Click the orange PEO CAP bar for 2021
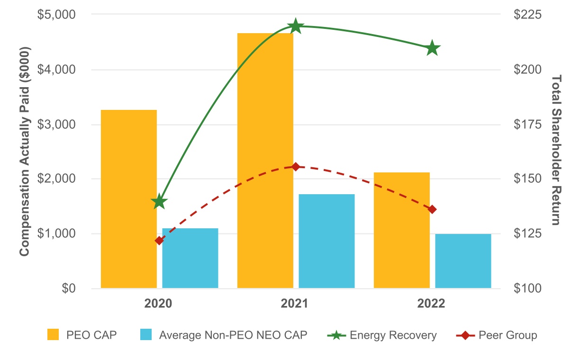click(265, 161)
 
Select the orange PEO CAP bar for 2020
click(128, 199)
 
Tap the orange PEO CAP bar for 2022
click(401, 230)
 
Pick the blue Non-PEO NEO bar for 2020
click(190, 258)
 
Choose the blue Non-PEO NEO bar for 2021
click(327, 241)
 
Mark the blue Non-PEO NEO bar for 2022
click(463, 261)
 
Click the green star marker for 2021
click(296, 26)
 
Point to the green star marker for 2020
click(159, 202)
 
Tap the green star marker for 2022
click(432, 48)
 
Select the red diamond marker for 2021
click(296, 167)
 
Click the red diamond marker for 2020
click(159, 241)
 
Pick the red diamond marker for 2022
click(432, 209)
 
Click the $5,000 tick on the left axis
click(56, 15)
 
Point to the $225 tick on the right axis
click(527, 15)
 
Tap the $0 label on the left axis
click(69, 288)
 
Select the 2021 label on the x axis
click(294, 304)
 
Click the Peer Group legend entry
click(497, 335)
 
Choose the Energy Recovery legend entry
click(382, 335)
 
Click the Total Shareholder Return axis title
click(557, 150)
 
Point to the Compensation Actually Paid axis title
click(25, 152)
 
